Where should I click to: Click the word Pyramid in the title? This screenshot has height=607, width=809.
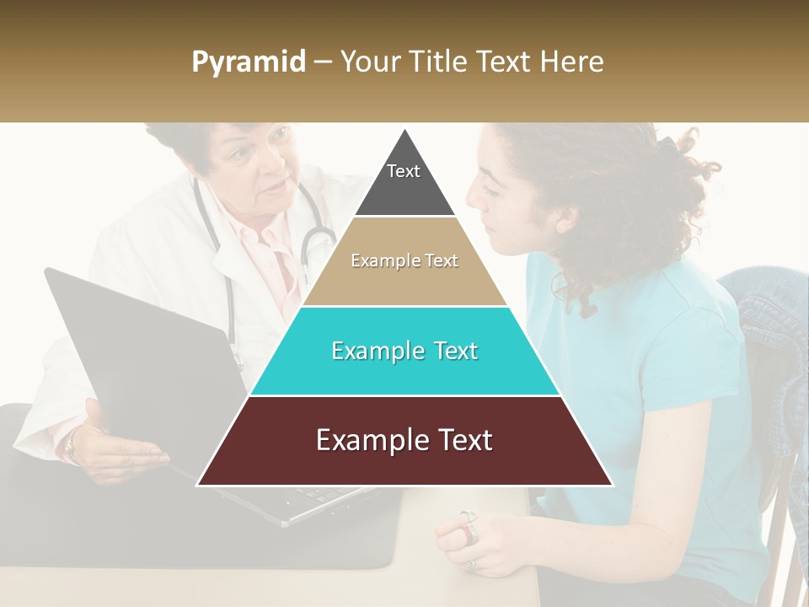[x=248, y=62]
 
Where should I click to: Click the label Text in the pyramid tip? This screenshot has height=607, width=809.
[x=404, y=171]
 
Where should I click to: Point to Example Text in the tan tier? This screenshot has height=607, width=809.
[x=404, y=261]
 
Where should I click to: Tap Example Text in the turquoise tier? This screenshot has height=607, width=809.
[x=404, y=351]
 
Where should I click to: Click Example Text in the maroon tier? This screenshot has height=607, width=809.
[x=404, y=440]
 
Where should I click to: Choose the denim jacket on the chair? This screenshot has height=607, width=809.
[x=771, y=354]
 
